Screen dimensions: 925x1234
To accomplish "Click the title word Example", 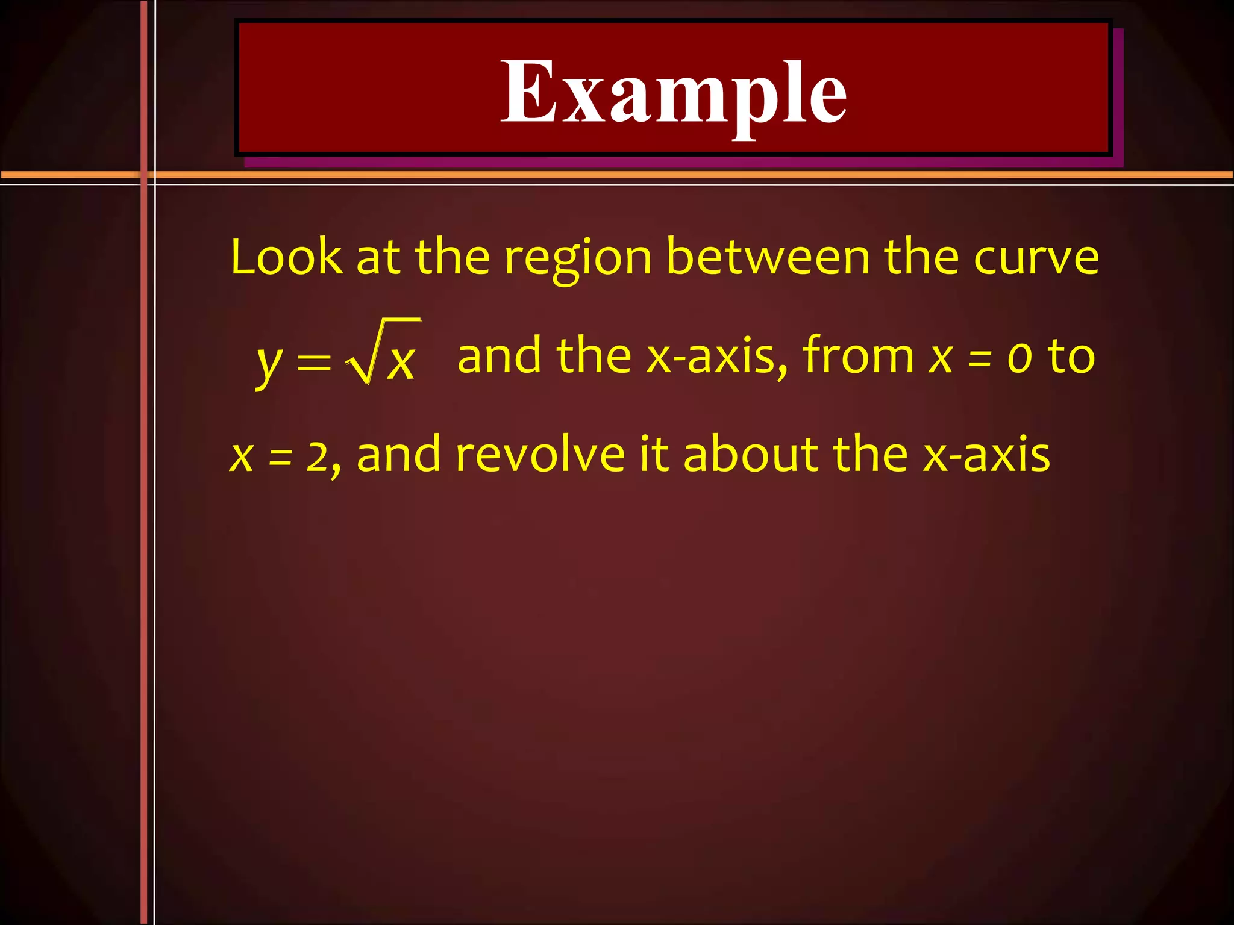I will point(674,93).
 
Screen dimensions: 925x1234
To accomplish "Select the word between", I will point(768,257).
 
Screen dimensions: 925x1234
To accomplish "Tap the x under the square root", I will point(400,363).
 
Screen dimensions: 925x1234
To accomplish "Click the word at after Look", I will point(378,258).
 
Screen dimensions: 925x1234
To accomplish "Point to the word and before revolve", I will point(398,455).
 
